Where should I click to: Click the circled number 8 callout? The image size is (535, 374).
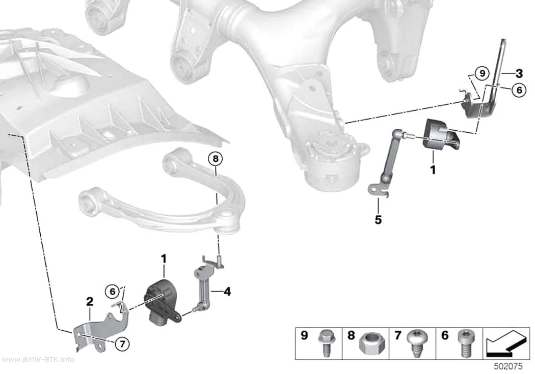pos(216,159)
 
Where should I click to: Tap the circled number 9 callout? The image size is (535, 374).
pos(482,73)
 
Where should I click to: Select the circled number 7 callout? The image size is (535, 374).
pos(122,344)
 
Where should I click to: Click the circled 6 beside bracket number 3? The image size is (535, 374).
pos(519,90)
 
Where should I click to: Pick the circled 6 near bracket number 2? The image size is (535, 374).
pos(113,292)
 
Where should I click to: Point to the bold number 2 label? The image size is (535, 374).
pos(89,301)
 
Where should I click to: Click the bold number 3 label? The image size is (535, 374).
pos(519,73)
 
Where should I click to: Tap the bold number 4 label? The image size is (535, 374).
pos(227,292)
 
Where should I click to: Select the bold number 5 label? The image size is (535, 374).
pos(378,220)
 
